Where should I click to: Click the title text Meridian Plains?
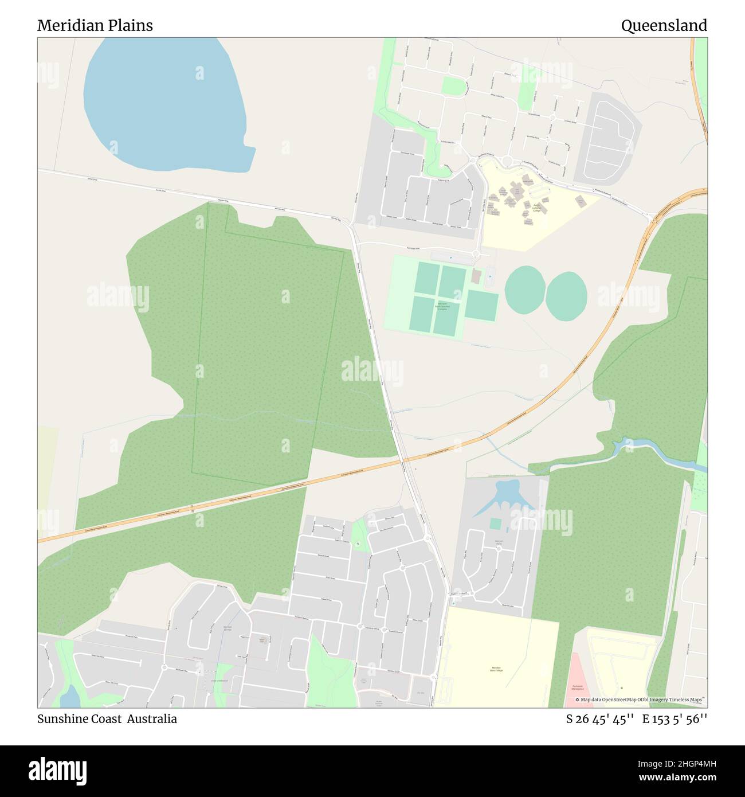pyautogui.click(x=95, y=25)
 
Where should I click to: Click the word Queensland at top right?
pyautogui.click(x=664, y=25)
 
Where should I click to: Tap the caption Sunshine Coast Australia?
pyautogui.click(x=107, y=718)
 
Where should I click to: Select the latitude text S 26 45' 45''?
pyautogui.click(x=599, y=718)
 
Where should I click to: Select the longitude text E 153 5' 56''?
pyautogui.click(x=675, y=718)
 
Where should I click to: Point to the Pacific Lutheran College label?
pyautogui.click(x=536, y=209)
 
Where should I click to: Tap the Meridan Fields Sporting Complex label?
pyautogui.click(x=442, y=307)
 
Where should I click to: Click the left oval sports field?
pyautogui.click(x=524, y=290)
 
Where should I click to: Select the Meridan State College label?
pyautogui.click(x=496, y=669)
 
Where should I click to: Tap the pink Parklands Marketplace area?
pyautogui.click(x=581, y=682)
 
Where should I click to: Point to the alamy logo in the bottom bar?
pyautogui.click(x=57, y=769)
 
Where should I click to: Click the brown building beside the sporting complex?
pyautogui.click(x=476, y=277)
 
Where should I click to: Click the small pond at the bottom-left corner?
pyautogui.click(x=70, y=697)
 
